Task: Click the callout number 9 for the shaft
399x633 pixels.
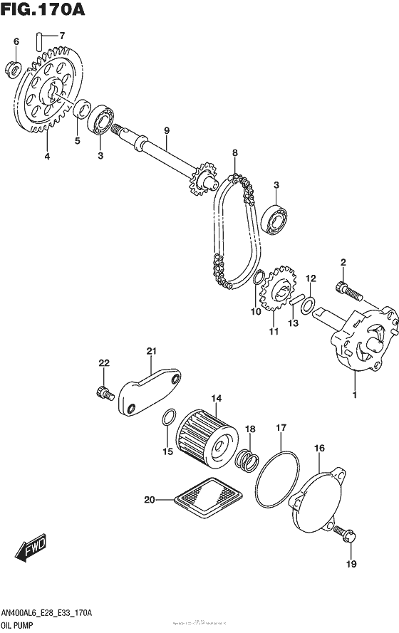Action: (166, 130)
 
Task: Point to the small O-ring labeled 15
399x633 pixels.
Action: (168, 418)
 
